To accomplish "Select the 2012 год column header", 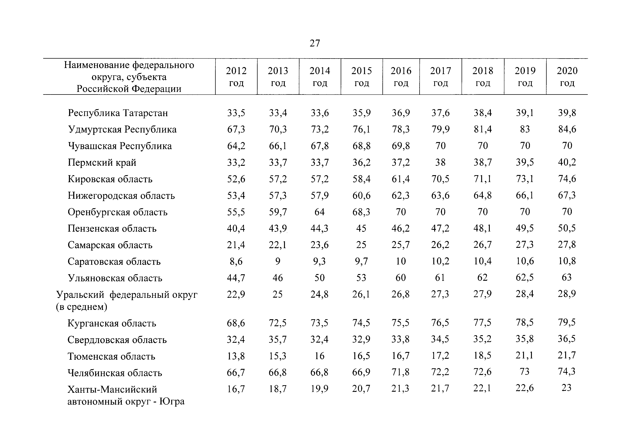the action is point(236,77).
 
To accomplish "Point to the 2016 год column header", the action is point(401,77).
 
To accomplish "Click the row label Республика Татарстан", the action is point(118,113).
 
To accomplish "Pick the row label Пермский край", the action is point(102,162).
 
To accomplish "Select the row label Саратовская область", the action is point(114,261).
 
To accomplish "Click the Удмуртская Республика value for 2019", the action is point(525,129).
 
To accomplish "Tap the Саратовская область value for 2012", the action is point(236,261).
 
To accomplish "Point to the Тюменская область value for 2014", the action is point(319,356).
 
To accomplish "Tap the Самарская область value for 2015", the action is point(361,245).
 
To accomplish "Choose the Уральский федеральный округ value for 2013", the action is point(278,294).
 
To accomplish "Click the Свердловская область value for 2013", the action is point(278,339).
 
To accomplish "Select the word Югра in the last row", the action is point(172,401).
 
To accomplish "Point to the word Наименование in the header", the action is point(97,65).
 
